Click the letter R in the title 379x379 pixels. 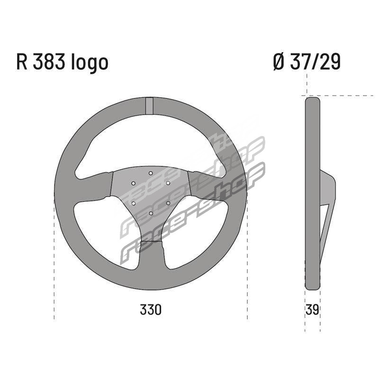21,62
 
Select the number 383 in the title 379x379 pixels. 49,62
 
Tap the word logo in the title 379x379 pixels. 90,63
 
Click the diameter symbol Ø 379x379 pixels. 279,62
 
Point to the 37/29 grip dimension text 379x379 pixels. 315,62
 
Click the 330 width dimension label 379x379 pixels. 150,310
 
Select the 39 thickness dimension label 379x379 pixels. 312,310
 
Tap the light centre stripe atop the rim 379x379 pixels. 149,105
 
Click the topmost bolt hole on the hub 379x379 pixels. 151,173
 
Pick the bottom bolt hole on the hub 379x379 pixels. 151,213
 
